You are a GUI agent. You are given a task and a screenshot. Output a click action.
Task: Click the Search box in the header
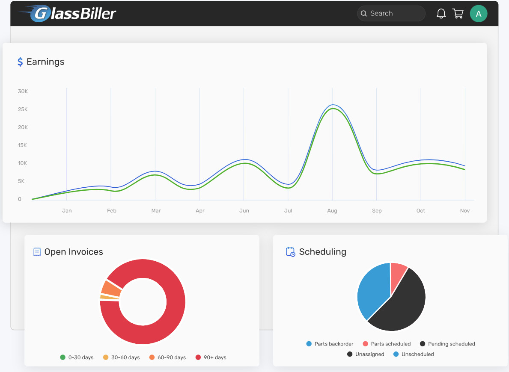[391, 13]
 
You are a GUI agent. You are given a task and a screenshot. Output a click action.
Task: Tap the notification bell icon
[441, 14]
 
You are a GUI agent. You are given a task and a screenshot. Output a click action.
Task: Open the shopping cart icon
[458, 14]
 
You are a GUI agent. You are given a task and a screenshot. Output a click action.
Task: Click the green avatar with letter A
[479, 14]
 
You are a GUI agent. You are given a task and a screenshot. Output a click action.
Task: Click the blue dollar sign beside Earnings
[20, 62]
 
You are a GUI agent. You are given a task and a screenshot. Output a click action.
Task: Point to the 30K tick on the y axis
[23, 92]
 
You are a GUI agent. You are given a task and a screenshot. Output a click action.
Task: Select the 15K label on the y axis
[23, 145]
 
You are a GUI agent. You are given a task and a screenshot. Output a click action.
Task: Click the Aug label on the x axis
[332, 211]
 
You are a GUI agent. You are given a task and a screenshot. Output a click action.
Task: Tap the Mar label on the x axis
[156, 211]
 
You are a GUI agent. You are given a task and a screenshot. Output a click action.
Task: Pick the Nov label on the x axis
[465, 211]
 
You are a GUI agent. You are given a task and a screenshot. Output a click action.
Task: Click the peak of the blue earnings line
[333, 105]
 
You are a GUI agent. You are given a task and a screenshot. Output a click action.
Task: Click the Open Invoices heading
[74, 252]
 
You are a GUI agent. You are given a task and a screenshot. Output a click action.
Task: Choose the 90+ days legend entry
[211, 357]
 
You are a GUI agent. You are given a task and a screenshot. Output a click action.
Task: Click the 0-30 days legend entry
[77, 357]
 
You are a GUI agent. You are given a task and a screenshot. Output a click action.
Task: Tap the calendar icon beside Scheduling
[290, 252]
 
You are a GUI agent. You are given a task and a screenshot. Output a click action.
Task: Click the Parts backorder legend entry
[330, 344]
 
